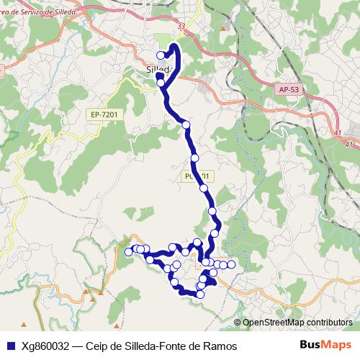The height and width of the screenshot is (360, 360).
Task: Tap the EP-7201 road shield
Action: (x=104, y=114)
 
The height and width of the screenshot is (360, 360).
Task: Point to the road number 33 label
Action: (x=181, y=27)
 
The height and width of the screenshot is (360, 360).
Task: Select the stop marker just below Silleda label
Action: (x=161, y=83)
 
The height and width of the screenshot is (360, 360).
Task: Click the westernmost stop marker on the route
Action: (x=129, y=251)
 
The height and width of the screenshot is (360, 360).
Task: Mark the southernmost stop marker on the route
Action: (x=200, y=294)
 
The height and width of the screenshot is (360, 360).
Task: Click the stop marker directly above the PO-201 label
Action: (x=194, y=158)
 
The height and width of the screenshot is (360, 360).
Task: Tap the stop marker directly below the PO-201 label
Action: (x=204, y=188)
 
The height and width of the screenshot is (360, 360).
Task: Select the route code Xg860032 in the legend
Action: (x=45, y=346)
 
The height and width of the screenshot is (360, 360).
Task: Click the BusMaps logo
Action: (x=325, y=345)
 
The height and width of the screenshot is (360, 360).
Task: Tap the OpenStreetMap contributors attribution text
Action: (x=297, y=323)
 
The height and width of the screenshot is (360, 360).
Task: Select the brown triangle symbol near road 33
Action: (x=226, y=26)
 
